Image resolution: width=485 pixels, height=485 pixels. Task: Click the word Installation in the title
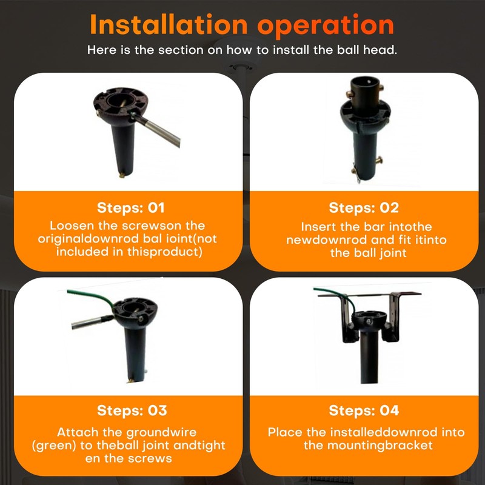pyautogui.click(x=169, y=24)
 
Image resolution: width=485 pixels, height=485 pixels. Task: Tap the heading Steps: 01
pyautogui.click(x=130, y=207)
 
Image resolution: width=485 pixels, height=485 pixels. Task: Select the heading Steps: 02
pyautogui.click(x=364, y=207)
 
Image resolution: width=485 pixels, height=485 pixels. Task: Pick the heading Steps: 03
pyautogui.click(x=132, y=410)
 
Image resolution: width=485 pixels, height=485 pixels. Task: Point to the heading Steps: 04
pyautogui.click(x=364, y=410)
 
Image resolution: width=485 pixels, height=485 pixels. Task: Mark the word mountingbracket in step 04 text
pyautogui.click(x=380, y=446)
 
